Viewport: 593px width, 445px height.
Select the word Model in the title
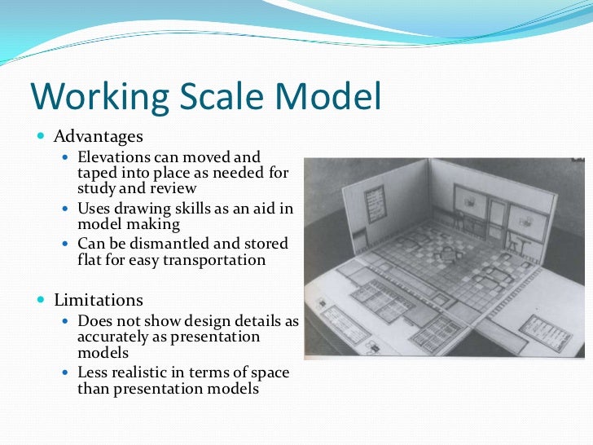[330, 96]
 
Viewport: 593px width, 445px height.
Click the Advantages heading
[98, 135]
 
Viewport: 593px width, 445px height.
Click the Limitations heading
[99, 301]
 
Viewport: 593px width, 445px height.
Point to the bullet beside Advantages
[42, 135]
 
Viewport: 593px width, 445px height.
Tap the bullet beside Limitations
[42, 301]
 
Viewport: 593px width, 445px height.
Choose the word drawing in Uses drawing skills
[143, 208]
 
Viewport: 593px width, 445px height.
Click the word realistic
[143, 372]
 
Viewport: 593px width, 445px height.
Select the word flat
[90, 260]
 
